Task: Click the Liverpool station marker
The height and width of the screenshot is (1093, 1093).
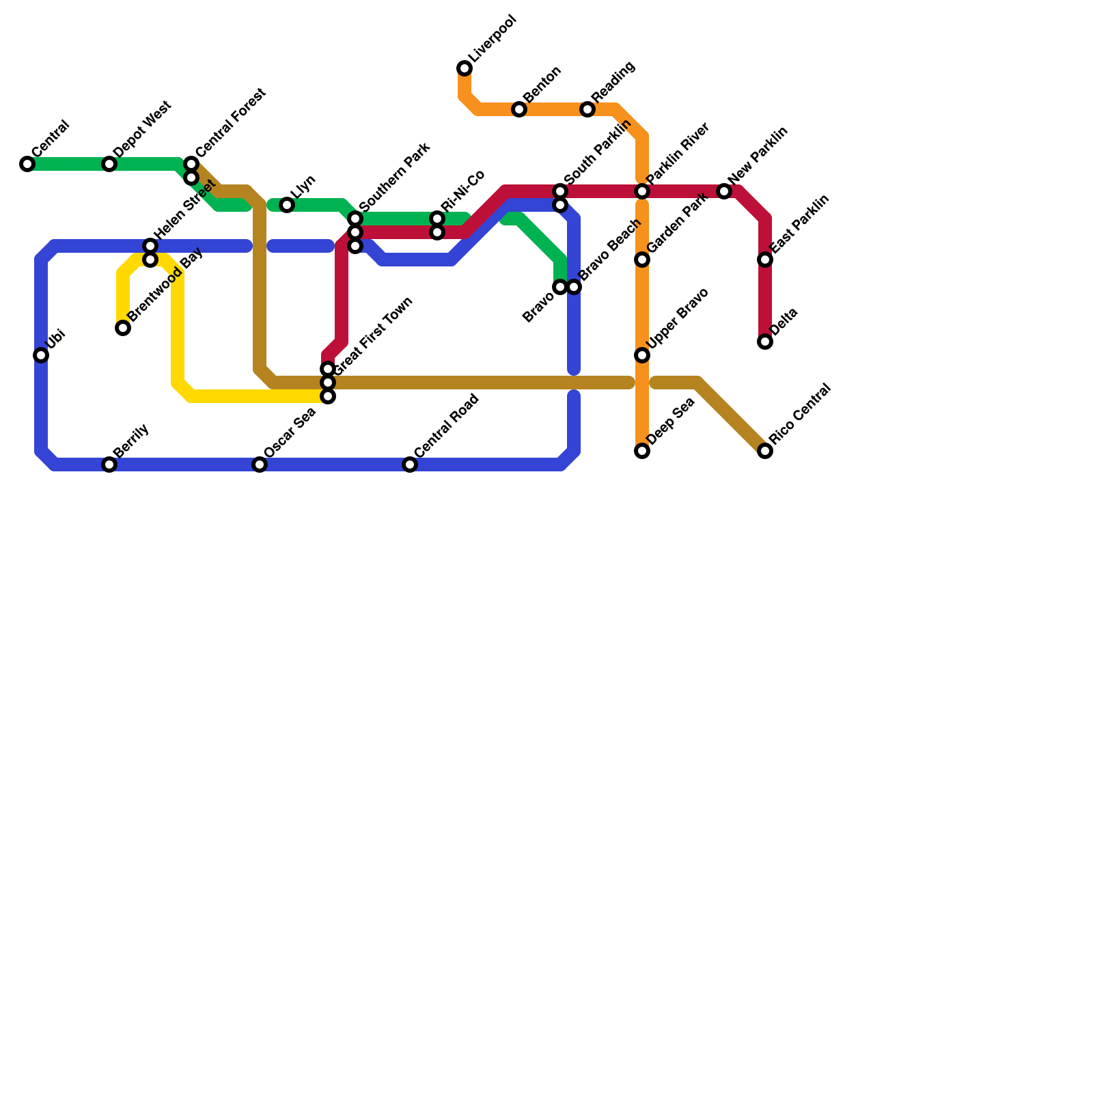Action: coord(465,68)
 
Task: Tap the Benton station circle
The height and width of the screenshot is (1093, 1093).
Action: coord(519,109)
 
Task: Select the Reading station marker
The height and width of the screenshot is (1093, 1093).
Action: coord(587,109)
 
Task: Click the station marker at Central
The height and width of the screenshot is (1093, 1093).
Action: coord(27,164)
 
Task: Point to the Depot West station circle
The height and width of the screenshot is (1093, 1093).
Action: coord(109,164)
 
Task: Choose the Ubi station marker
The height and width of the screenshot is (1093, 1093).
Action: coord(41,355)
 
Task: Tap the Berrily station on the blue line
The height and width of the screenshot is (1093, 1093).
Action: coord(109,465)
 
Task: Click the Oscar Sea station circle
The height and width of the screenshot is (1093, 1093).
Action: coord(260,465)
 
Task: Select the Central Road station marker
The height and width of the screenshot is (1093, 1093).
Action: coord(410,465)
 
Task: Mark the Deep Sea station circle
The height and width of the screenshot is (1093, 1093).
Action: coord(642,451)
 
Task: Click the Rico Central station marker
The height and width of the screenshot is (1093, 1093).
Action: coord(765,451)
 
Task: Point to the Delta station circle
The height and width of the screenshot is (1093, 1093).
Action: coord(765,342)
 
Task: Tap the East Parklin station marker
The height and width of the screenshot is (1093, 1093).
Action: coord(765,260)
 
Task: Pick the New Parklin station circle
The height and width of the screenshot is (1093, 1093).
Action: coord(724,191)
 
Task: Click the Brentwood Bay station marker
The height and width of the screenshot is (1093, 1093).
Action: coord(123,328)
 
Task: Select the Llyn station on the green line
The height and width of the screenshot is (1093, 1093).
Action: coord(287,205)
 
